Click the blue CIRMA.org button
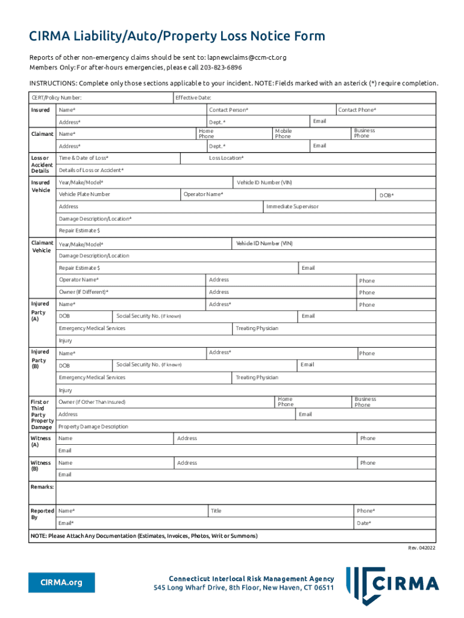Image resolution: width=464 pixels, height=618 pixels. [x=61, y=583]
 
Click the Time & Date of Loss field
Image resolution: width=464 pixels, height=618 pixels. [x=118, y=158]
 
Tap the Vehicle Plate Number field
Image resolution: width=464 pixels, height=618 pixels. [x=118, y=194]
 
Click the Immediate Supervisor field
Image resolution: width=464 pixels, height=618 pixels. [x=350, y=206]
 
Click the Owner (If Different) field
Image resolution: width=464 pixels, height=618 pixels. [x=130, y=292]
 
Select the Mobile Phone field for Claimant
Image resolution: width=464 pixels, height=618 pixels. [x=310, y=133]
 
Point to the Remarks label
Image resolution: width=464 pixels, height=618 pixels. [x=42, y=486]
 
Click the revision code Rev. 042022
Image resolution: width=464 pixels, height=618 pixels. [x=421, y=548]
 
